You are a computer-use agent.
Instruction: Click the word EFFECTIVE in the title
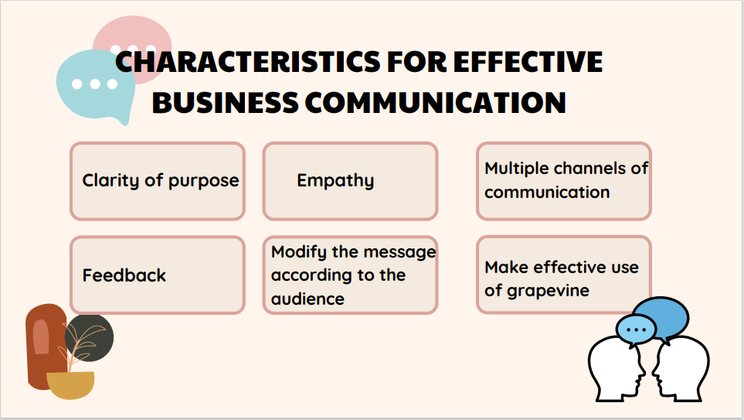coord(527,62)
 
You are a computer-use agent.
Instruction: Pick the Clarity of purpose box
coord(158,181)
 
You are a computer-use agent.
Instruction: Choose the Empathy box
coord(350,181)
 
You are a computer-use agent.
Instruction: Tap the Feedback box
coord(158,275)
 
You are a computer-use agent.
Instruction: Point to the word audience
coord(307,299)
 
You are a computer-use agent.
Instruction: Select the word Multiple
coord(517,168)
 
